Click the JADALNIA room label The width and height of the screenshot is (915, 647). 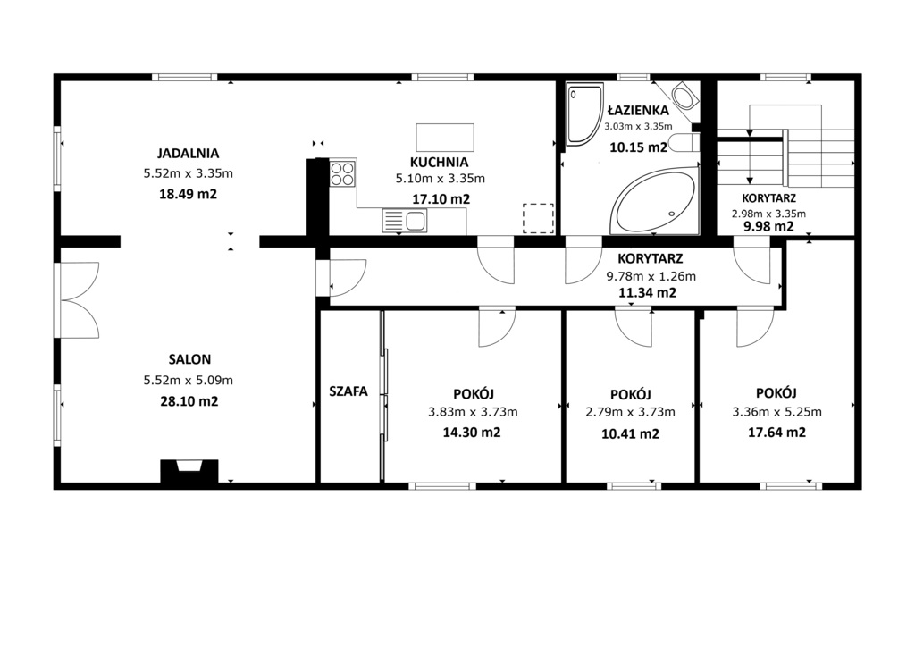(x=188, y=153)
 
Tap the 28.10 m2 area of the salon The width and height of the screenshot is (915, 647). (x=188, y=401)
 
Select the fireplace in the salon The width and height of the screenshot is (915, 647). (x=188, y=470)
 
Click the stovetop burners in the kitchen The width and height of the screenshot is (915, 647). (x=342, y=173)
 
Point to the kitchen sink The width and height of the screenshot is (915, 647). (x=404, y=220)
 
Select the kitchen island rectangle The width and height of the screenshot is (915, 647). (x=444, y=137)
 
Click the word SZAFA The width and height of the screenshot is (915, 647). (x=348, y=391)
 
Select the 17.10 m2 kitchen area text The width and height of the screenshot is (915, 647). (x=441, y=199)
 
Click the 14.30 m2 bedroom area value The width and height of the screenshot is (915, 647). (x=472, y=432)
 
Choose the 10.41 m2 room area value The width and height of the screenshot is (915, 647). (x=630, y=434)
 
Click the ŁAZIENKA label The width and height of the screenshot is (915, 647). (x=638, y=110)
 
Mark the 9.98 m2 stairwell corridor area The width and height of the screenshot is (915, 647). (x=768, y=226)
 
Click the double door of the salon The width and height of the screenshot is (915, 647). (x=79, y=300)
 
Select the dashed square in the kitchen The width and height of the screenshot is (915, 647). (x=538, y=218)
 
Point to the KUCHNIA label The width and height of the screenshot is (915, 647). (x=439, y=162)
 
